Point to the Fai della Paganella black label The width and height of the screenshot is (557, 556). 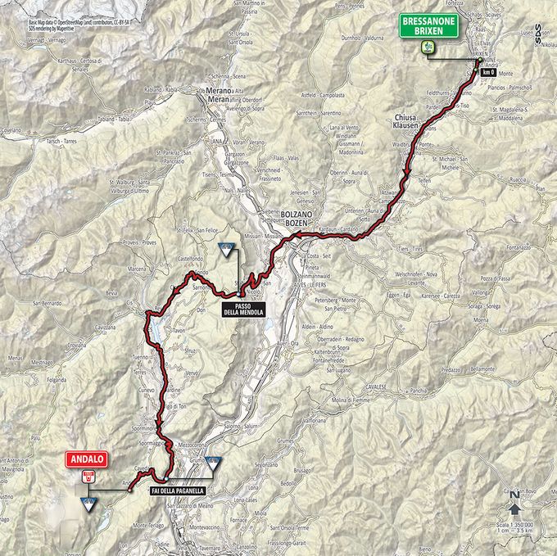tap(177, 490)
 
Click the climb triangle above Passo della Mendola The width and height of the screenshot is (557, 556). tap(224, 247)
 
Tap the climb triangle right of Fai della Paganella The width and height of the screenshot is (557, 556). tap(213, 463)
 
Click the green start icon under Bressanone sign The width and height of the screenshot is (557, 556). tap(427, 48)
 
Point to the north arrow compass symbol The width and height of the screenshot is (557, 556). tap(514, 507)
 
